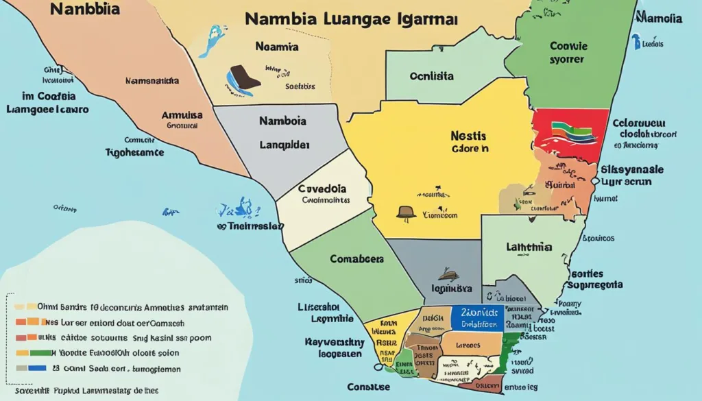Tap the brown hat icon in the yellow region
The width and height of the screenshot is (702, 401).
[407, 212]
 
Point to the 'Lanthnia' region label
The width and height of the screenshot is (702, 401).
[531, 246]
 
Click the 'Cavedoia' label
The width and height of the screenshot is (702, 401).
[322, 188]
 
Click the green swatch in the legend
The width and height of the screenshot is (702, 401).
[40, 352]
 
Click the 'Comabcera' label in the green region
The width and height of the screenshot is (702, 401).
[356, 260]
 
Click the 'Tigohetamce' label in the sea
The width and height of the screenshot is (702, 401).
[135, 153]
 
